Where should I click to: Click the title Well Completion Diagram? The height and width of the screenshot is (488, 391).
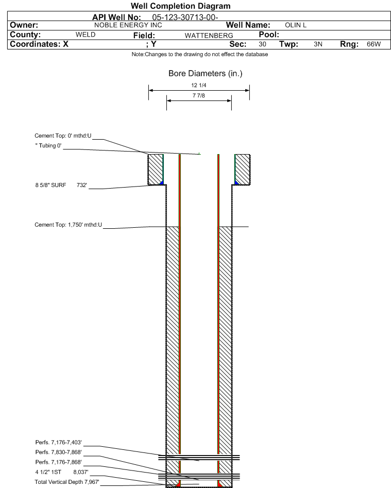coord(180,6)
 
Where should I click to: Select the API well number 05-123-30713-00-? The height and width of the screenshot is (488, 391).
coord(185,18)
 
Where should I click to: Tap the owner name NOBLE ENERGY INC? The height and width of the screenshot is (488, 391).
coord(128,25)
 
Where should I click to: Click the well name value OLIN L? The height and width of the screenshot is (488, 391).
coord(296,25)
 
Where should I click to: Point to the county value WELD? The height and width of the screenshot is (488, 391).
coord(86,35)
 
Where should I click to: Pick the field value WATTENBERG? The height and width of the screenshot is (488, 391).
coord(209,36)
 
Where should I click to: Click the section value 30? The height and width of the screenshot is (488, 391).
coord(262,44)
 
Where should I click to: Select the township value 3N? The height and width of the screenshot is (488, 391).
coord(318,44)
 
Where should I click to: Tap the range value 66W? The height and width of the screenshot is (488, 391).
coord(373,44)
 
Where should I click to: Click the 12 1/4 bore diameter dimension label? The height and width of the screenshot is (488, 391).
coord(199,85)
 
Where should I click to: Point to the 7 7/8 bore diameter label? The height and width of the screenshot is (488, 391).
coord(199,95)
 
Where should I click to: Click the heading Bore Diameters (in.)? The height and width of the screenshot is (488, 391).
coord(206,74)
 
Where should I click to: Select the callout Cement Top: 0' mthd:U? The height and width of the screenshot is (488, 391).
coord(63,136)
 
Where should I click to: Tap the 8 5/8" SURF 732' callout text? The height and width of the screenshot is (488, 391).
coord(61,185)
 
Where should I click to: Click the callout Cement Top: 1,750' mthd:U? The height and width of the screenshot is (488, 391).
coord(68,225)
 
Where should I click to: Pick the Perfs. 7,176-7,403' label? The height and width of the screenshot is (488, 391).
coord(59,443)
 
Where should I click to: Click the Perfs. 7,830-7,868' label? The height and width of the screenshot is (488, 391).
coord(59,452)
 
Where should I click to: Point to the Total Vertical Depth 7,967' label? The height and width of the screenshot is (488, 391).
coord(67,482)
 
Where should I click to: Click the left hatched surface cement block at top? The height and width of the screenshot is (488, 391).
coord(155,170)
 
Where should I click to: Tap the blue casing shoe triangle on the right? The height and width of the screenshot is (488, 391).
coord(236,183)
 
